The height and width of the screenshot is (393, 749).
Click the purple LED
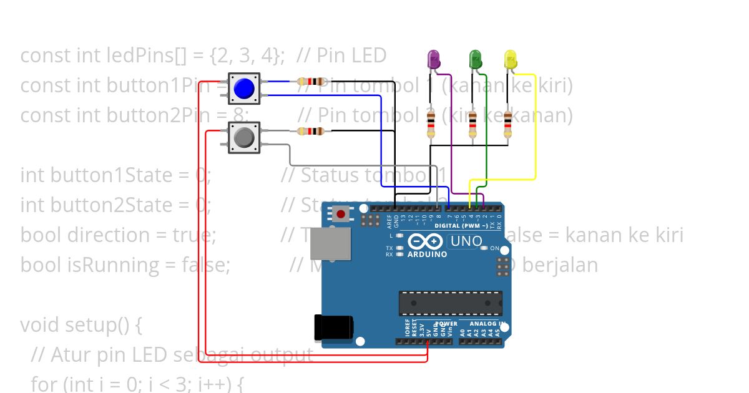click(x=433, y=60)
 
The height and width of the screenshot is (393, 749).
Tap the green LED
click(x=475, y=60)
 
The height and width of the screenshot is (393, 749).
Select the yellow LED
click(x=510, y=60)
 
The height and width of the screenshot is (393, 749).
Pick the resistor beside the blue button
click(x=311, y=81)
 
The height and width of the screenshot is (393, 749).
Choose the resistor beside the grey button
click(x=310, y=131)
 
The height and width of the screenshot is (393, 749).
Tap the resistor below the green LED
click(x=472, y=124)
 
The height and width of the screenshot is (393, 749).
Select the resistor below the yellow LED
click(x=507, y=124)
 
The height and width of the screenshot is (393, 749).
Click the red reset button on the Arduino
click(x=341, y=215)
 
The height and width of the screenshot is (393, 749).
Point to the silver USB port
click(x=330, y=243)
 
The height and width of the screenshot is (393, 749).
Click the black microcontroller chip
click(x=450, y=303)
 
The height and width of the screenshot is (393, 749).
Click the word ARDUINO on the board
click(x=427, y=255)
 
